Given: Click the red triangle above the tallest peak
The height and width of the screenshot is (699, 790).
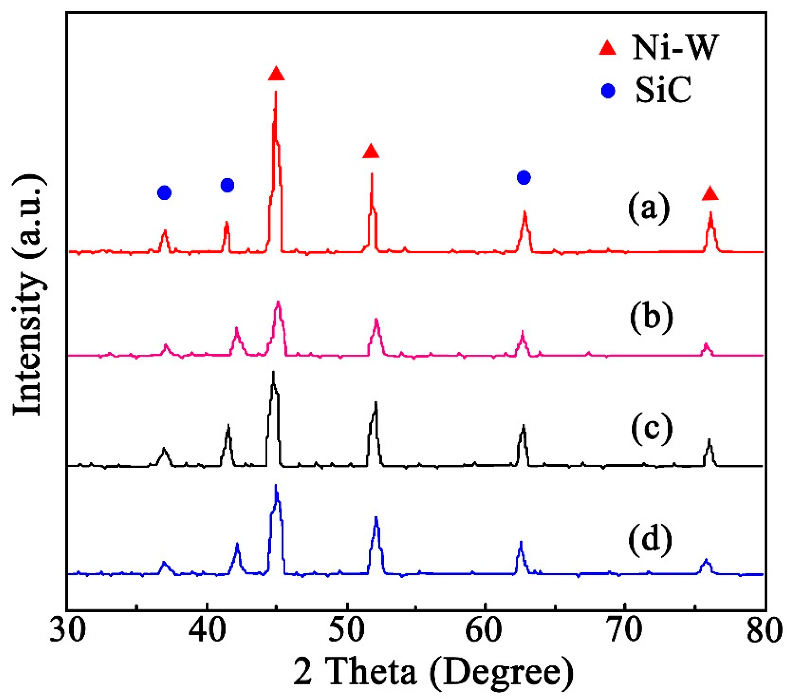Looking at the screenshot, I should coord(276,73).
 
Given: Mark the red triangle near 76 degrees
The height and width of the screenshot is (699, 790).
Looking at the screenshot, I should coord(710,193).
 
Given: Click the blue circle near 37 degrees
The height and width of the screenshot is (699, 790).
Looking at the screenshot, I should coord(164,192).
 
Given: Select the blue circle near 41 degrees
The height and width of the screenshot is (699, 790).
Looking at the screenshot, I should coord(227,185).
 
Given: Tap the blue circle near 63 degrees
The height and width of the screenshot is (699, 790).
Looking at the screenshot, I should coord(524,177).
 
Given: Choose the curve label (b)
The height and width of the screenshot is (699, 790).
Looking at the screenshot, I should coord(651,318).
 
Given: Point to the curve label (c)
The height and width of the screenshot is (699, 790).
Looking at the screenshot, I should coord(651,429).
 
